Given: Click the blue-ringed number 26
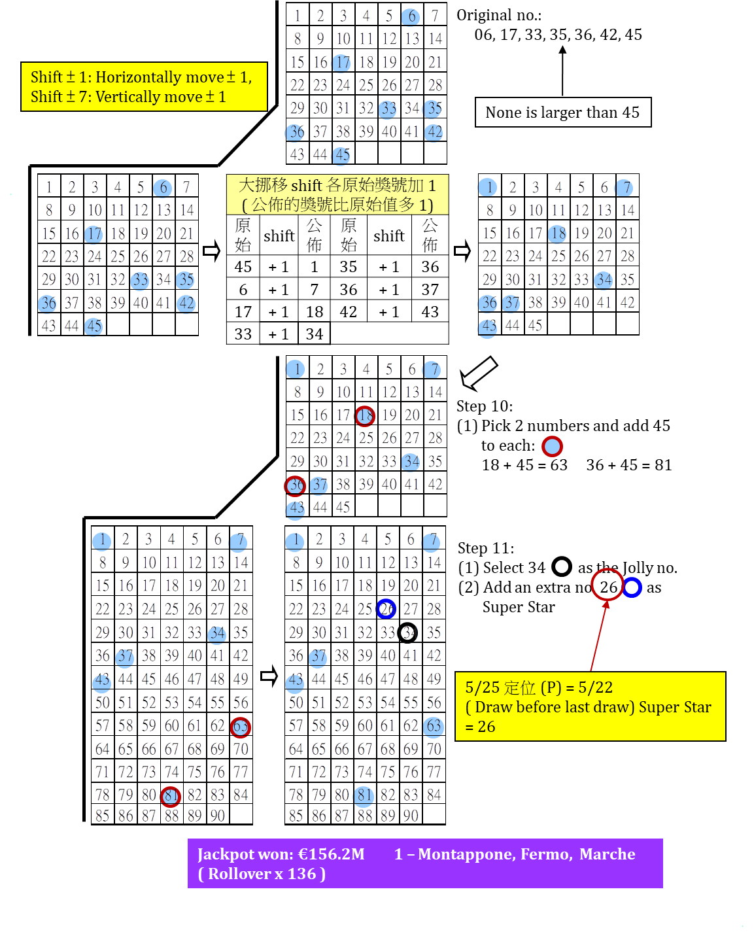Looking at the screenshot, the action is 386,609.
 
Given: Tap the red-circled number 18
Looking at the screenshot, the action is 365,415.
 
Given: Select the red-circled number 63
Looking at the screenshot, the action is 240,727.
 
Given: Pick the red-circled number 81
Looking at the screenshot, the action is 171,796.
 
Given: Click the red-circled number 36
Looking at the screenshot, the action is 295,485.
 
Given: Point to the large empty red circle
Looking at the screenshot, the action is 607,584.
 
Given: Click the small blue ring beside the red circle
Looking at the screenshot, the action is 632,587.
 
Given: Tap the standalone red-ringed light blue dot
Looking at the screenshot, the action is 552,446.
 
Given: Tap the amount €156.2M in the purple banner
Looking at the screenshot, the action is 331,854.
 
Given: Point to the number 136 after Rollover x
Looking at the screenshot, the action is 301,874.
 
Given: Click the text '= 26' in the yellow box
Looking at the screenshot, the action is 481,727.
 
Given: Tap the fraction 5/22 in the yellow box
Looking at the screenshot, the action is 595,687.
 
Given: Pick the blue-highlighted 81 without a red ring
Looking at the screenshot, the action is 364,796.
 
